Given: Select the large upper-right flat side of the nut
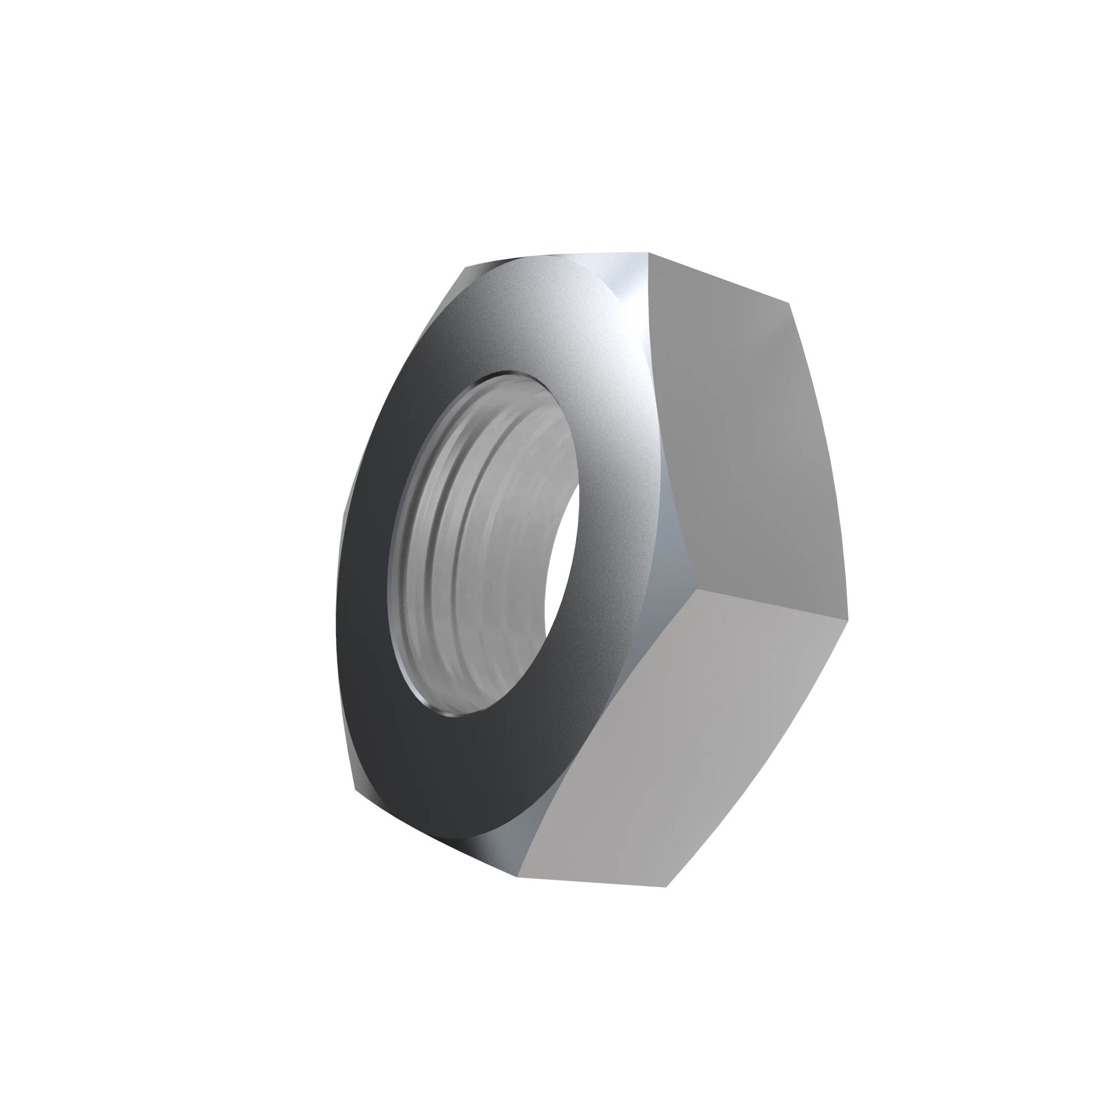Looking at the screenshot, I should pyautogui.click(x=748, y=441).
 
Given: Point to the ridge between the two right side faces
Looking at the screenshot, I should pyautogui.click(x=771, y=603).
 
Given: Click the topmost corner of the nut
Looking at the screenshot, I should pyautogui.click(x=647, y=253).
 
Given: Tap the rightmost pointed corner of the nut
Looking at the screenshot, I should pyautogui.click(x=847, y=618).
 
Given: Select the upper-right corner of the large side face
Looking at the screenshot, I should pyautogui.click(x=790, y=302).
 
